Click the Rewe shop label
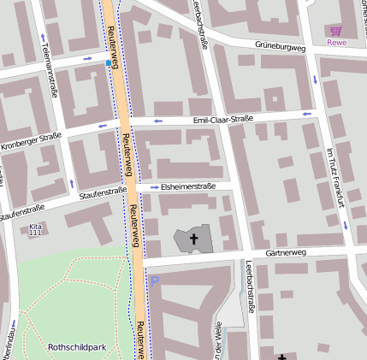click(337, 42)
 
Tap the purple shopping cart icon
click(335, 30)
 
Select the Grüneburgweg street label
click(280, 46)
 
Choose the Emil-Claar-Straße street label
click(222, 120)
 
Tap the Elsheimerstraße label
click(188, 186)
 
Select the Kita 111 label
click(34, 229)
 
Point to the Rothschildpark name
click(77, 347)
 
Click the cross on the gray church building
click(193, 239)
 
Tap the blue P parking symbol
click(155, 280)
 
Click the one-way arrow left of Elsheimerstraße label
click(154, 186)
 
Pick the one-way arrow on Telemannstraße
click(43, 38)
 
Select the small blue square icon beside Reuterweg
click(107, 62)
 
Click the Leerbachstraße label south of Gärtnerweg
click(249, 286)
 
